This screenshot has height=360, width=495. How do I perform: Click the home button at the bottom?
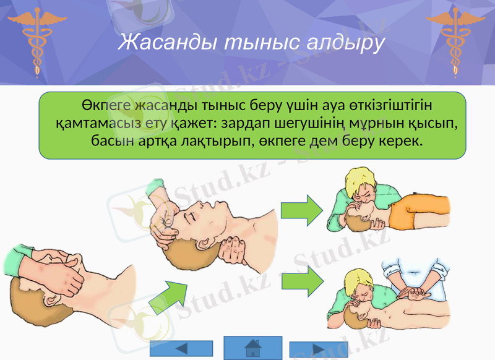coord(252,348)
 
